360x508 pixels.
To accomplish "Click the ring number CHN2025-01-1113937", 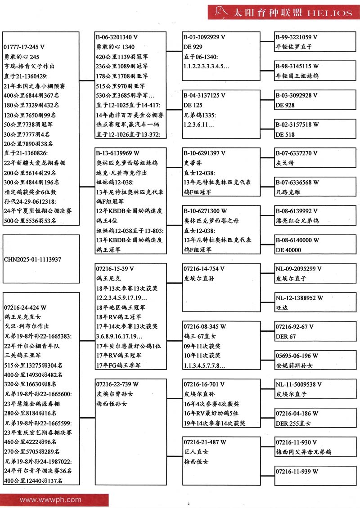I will pyautogui.click(x=32, y=259).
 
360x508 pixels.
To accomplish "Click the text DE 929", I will pyautogui.click(x=193, y=47).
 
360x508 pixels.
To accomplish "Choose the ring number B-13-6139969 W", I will pyautogui.click(x=117, y=153).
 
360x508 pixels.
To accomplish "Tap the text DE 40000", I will pyautogui.click(x=288, y=250).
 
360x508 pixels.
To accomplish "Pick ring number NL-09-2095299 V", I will pyautogui.click(x=298, y=269).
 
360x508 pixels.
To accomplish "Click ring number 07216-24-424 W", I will pyautogui.click(x=25, y=307).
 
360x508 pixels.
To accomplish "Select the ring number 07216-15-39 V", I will pyautogui.click(x=115, y=269).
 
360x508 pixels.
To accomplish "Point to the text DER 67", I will pyautogui.click(x=286, y=336).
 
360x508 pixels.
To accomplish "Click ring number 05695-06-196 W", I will pyautogui.click(x=297, y=356).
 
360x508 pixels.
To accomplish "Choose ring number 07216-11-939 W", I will pyautogui.click(x=297, y=471).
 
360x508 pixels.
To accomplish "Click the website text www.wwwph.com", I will pyautogui.click(x=50, y=499).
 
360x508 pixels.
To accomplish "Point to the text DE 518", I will pyautogui.click(x=285, y=134).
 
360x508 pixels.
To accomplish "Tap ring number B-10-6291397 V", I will pyautogui.click(x=205, y=153).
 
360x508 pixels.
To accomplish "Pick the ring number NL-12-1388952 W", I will pyautogui.click(x=299, y=298).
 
